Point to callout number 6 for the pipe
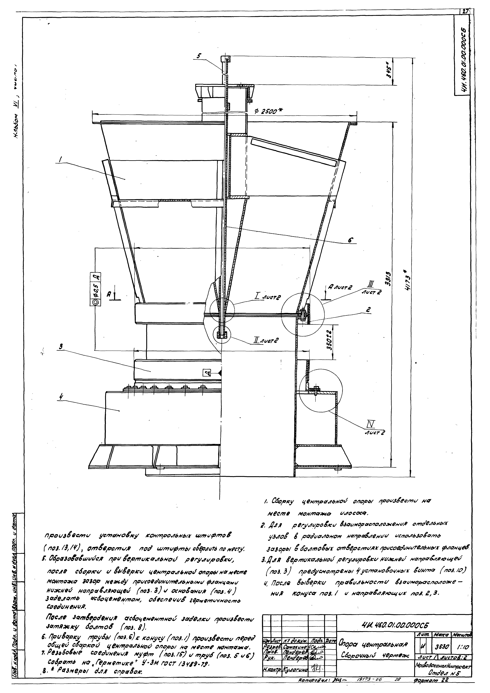click(350, 240)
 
